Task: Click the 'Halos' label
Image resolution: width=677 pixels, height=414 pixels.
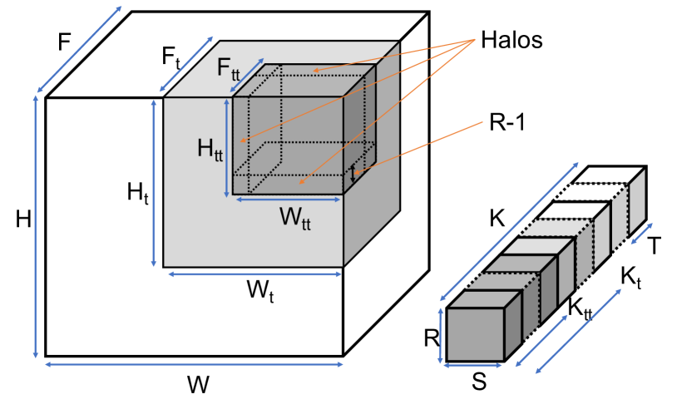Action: click(x=510, y=40)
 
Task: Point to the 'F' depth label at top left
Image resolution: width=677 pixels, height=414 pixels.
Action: click(x=63, y=42)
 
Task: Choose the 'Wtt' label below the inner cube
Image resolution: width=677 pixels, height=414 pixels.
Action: click(x=294, y=219)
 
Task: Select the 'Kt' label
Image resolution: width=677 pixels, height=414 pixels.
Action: click(x=631, y=277)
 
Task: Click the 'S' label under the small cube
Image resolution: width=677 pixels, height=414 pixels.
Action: click(x=478, y=382)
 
